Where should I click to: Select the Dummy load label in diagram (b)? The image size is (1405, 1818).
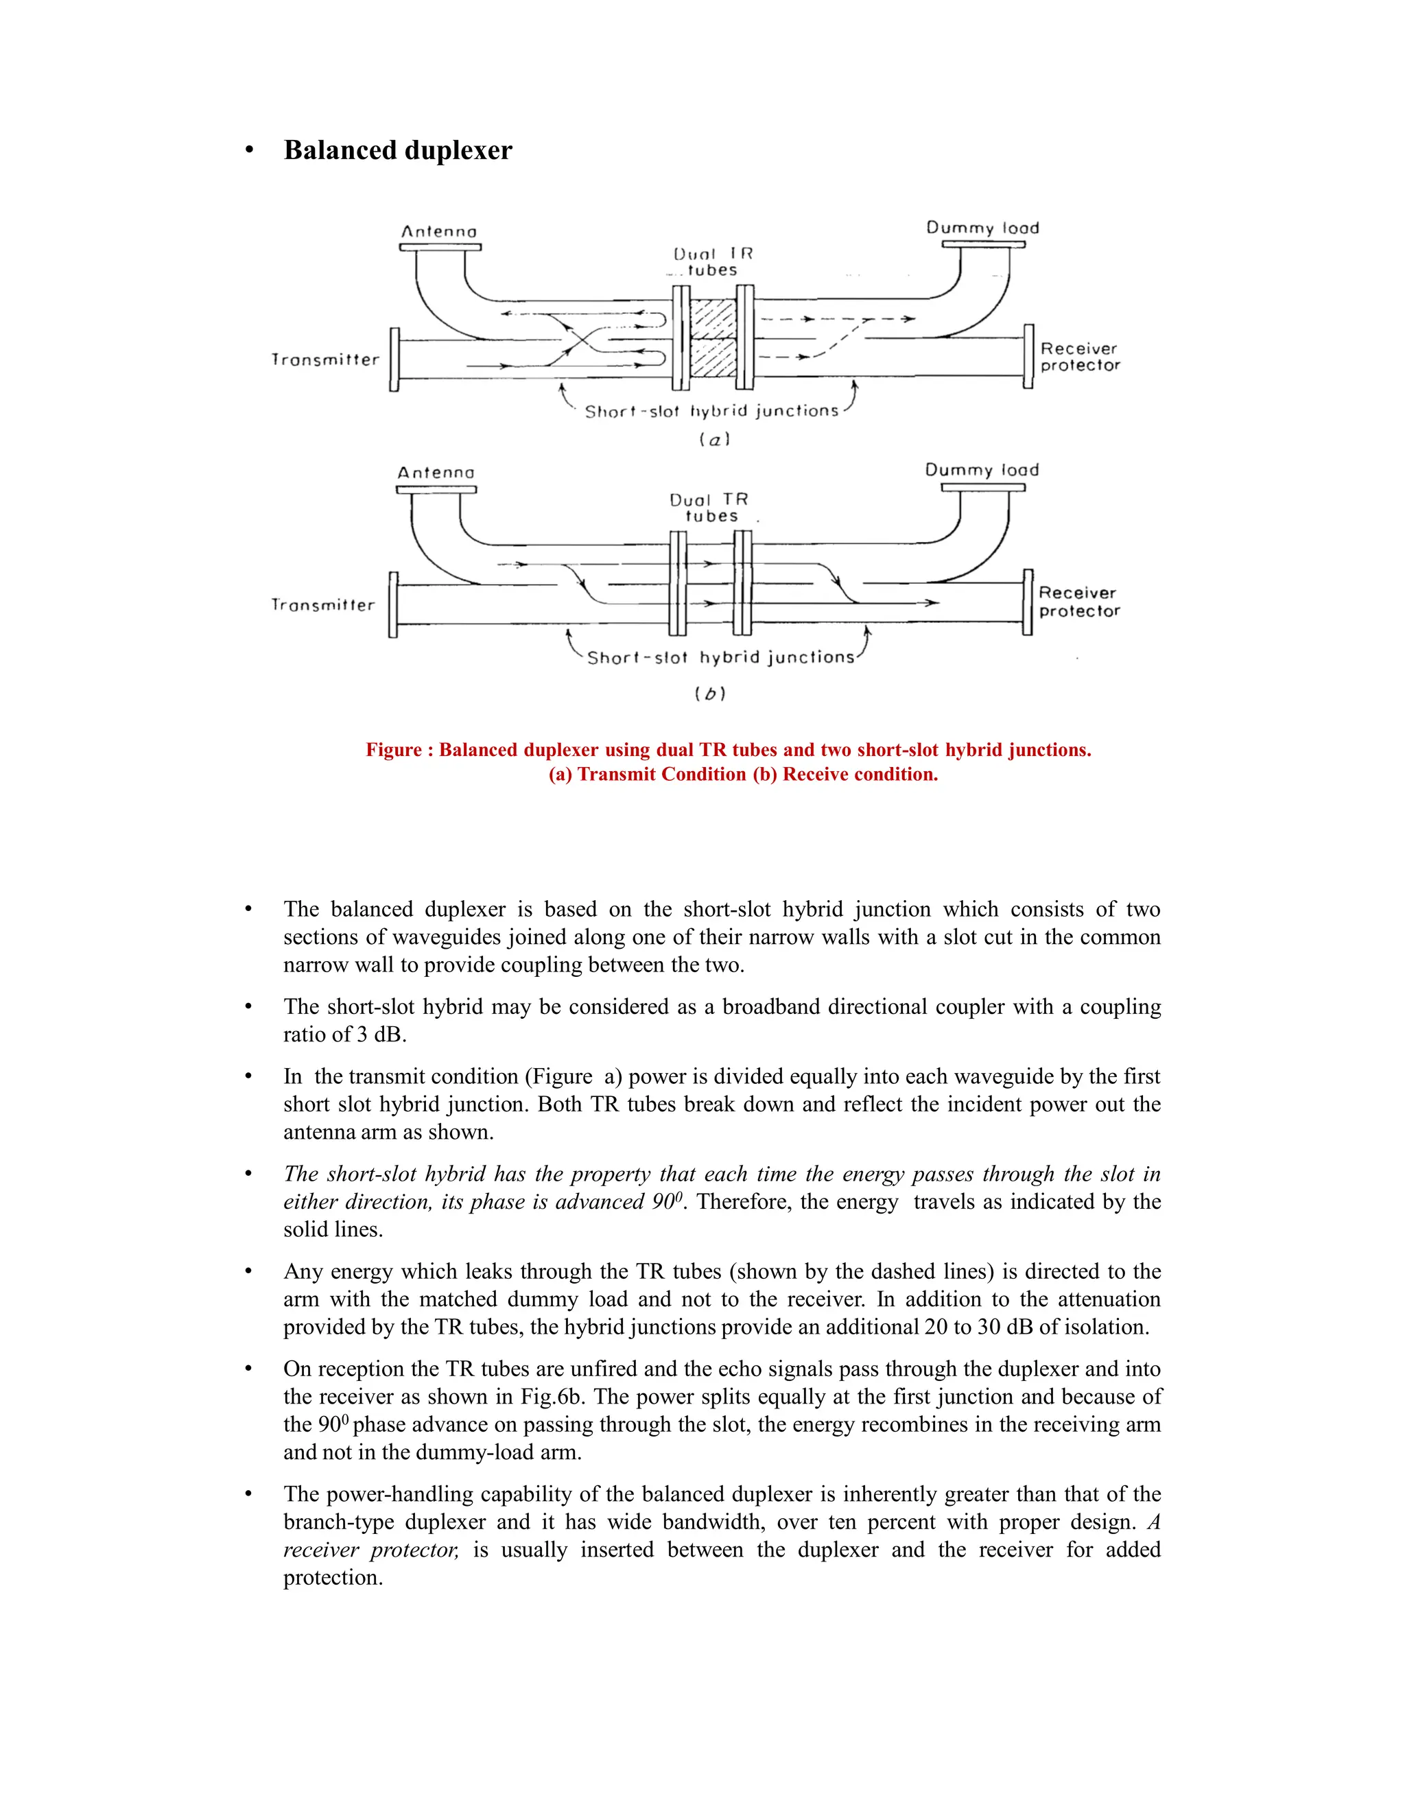tap(982, 471)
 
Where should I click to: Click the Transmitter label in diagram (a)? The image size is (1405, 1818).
tap(324, 359)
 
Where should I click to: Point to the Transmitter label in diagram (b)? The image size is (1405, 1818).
tap(323, 605)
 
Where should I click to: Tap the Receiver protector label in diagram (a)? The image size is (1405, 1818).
tap(1080, 357)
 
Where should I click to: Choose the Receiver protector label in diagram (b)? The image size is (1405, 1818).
tap(1078, 602)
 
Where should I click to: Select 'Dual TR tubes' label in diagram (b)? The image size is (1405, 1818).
tap(710, 508)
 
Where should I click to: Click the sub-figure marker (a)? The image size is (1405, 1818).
tap(714, 440)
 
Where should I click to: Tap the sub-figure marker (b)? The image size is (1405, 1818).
tap(710, 694)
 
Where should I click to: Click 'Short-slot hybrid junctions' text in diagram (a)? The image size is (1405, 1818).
tap(711, 411)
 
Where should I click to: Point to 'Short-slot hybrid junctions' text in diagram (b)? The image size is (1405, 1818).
tap(721, 658)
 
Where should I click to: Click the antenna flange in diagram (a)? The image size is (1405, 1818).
tap(440, 246)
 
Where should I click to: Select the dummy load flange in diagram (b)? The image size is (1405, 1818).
tap(983, 488)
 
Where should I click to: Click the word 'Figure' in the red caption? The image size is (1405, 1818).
tap(393, 750)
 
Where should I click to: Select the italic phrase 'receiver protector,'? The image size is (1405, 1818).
tap(371, 1549)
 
